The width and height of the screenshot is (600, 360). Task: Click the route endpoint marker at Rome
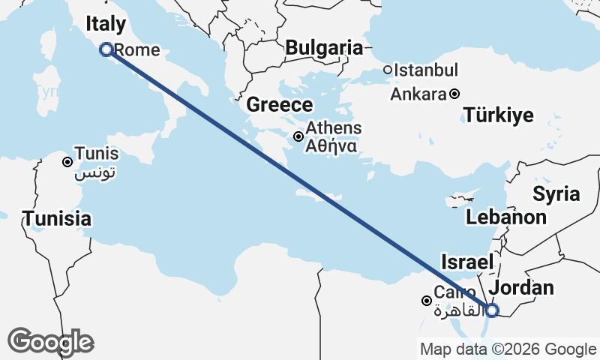coord(106,49)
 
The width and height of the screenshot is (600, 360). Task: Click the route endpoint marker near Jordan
coord(491,310)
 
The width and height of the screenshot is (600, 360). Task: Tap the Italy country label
coord(106,23)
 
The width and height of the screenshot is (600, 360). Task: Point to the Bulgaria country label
coord(324,48)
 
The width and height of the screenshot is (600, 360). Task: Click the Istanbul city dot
coord(388,70)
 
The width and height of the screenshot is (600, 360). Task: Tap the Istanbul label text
coord(426,70)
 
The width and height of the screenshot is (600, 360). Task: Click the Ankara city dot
coord(454,94)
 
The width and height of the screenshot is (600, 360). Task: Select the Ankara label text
coord(418,94)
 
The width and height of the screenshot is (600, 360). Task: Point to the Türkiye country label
coord(498,115)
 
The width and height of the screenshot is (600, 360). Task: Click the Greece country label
coord(279,105)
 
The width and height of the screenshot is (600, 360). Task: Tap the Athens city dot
coord(298,136)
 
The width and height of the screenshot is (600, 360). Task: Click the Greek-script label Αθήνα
coord(331,146)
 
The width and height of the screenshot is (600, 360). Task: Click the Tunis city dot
coord(67,162)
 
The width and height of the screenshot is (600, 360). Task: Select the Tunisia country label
coord(57,219)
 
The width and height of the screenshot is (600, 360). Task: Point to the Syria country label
coord(556,193)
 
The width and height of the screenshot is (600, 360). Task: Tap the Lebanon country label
coord(505,217)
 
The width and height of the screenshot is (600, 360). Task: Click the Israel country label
coord(466,262)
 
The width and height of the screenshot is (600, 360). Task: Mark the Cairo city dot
coord(427,301)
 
